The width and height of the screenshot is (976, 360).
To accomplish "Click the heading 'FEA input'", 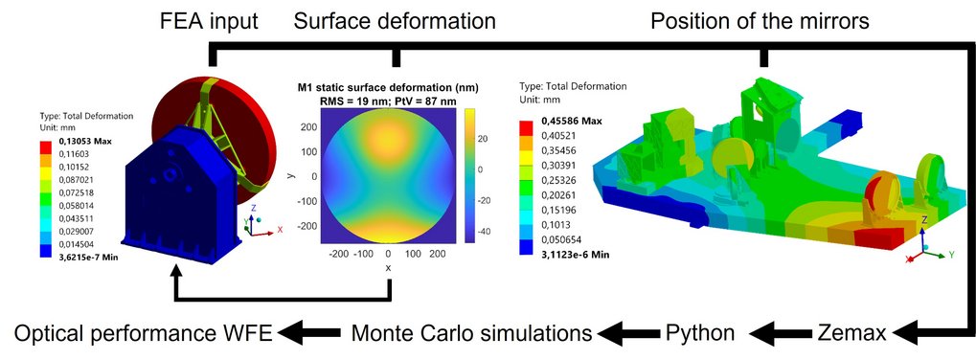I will (x=209, y=20).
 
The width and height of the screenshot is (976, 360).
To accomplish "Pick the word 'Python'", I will (x=700, y=333).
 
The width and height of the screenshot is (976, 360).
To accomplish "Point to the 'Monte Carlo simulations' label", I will (x=469, y=333).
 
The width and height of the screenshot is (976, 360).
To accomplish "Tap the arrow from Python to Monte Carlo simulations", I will (x=625, y=333).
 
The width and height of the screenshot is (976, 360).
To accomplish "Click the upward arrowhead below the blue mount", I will (x=174, y=272).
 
